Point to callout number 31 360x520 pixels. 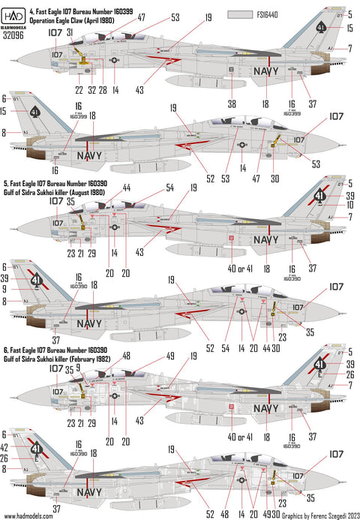(x=69, y=33)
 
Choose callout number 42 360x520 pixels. (x=6, y=448)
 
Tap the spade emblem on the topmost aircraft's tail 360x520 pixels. (x=319, y=29)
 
